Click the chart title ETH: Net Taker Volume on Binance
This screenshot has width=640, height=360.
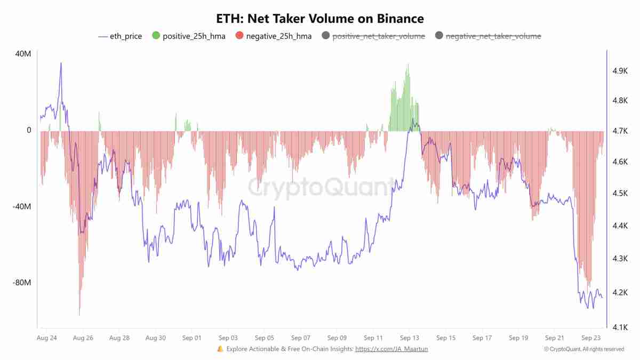click(x=320, y=19)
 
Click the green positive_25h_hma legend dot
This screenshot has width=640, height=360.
click(x=156, y=36)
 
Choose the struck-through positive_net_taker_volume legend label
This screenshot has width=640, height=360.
click(x=379, y=36)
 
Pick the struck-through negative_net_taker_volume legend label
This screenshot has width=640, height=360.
click(x=493, y=36)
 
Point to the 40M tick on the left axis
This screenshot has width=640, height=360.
click(x=22, y=54)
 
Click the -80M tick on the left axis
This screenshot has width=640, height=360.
click(x=21, y=283)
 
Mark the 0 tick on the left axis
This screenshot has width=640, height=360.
click(x=29, y=130)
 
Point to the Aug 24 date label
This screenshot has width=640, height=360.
click(x=47, y=338)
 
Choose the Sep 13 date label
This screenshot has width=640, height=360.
click(x=409, y=338)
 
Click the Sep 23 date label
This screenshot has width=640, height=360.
click(x=590, y=338)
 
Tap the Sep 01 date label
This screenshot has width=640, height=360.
click(x=191, y=338)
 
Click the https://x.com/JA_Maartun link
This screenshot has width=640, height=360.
click(x=391, y=349)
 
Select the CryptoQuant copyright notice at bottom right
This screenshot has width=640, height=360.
click(x=583, y=349)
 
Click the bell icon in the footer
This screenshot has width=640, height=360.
click(x=220, y=349)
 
